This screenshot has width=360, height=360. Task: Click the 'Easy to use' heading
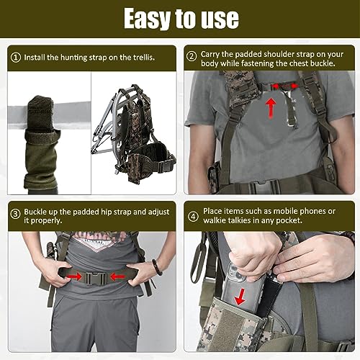pyautogui.click(x=181, y=18)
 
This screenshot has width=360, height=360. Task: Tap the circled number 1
pyautogui.click(x=16, y=58)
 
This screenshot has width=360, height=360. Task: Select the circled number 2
pyautogui.click(x=192, y=57)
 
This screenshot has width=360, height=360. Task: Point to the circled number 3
pyautogui.click(x=16, y=214)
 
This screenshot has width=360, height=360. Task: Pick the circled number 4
pyautogui.click(x=193, y=217)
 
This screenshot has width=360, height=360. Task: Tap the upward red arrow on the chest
pyautogui.click(x=271, y=108)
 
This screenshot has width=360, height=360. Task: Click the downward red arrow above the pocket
pyautogui.click(x=240, y=297)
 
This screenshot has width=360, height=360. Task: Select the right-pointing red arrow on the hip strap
pyautogui.click(x=74, y=277)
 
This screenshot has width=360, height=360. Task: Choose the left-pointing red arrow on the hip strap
pyautogui.click(x=117, y=277)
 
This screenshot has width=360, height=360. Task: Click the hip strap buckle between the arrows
pyautogui.click(x=96, y=279)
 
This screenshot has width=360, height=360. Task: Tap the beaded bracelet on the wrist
pyautogui.click(x=157, y=267)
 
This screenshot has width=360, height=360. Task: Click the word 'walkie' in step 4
pyautogui.click(x=215, y=220)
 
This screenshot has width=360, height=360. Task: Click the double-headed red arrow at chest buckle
pyautogui.click(x=284, y=86)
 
